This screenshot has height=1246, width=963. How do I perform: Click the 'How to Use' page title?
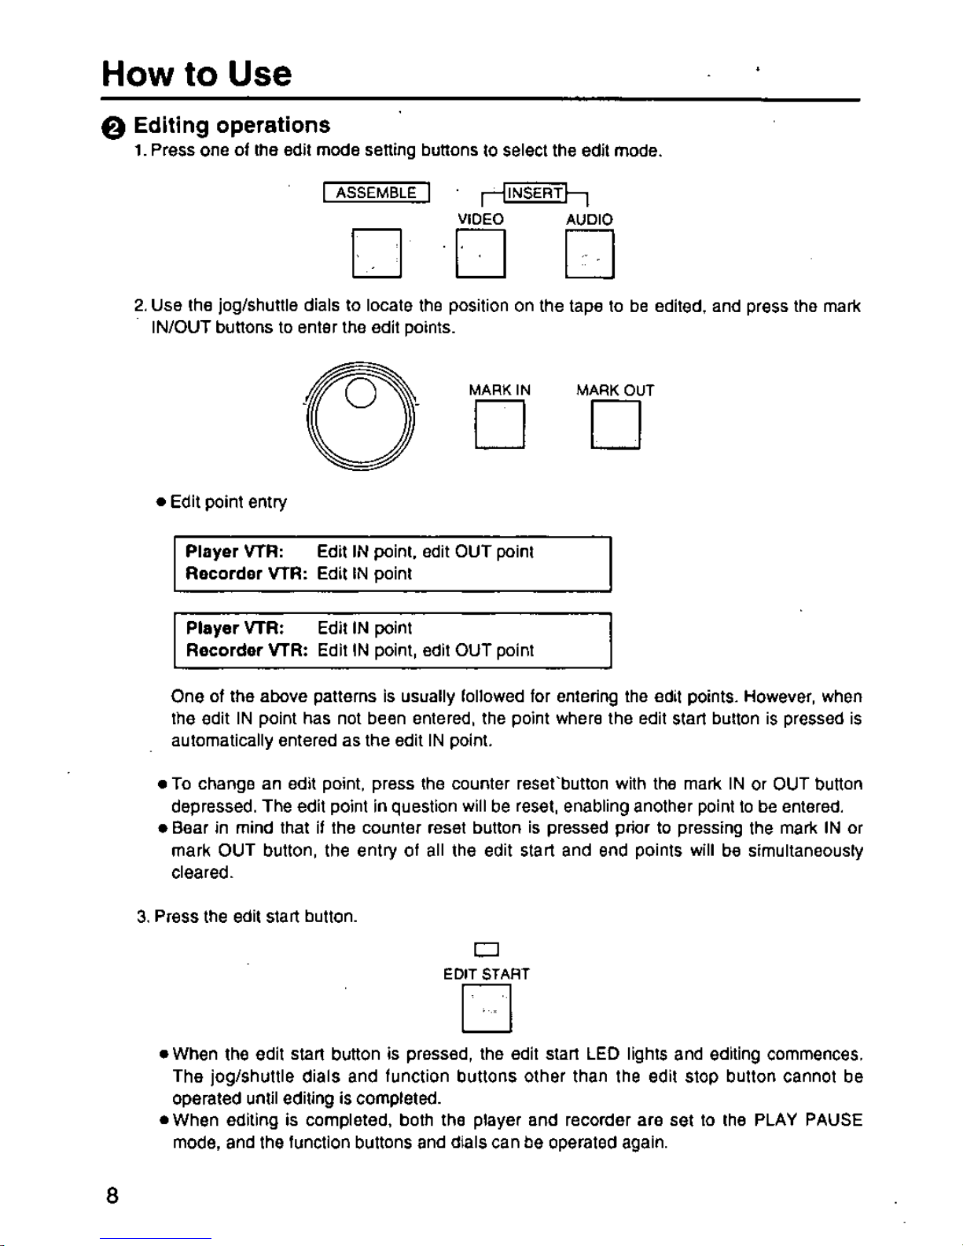point(197,74)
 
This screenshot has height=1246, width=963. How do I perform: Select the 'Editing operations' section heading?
point(232,125)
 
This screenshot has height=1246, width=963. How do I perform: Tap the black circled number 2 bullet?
point(113,128)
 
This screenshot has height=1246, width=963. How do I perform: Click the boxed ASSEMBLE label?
point(376,193)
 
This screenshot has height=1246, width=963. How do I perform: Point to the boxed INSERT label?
point(535,193)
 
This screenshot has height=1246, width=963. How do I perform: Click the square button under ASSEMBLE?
point(377,253)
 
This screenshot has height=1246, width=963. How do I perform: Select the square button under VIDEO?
point(480,253)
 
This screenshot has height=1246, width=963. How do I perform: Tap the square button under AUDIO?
point(590,253)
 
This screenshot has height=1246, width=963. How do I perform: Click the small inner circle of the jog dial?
point(361,393)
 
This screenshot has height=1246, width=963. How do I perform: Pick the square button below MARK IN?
point(499,425)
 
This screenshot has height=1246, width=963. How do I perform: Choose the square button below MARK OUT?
point(616,425)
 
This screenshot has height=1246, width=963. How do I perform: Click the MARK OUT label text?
point(615,391)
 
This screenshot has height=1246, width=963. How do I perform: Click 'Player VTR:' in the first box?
point(234,552)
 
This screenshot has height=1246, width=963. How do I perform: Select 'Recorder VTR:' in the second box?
point(247,650)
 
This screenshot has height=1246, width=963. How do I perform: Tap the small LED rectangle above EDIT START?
point(487,950)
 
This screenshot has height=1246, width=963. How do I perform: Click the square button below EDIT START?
point(487,1008)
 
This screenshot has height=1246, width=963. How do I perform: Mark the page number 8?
point(112,1196)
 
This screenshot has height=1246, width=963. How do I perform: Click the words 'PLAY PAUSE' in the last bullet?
point(808,1120)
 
